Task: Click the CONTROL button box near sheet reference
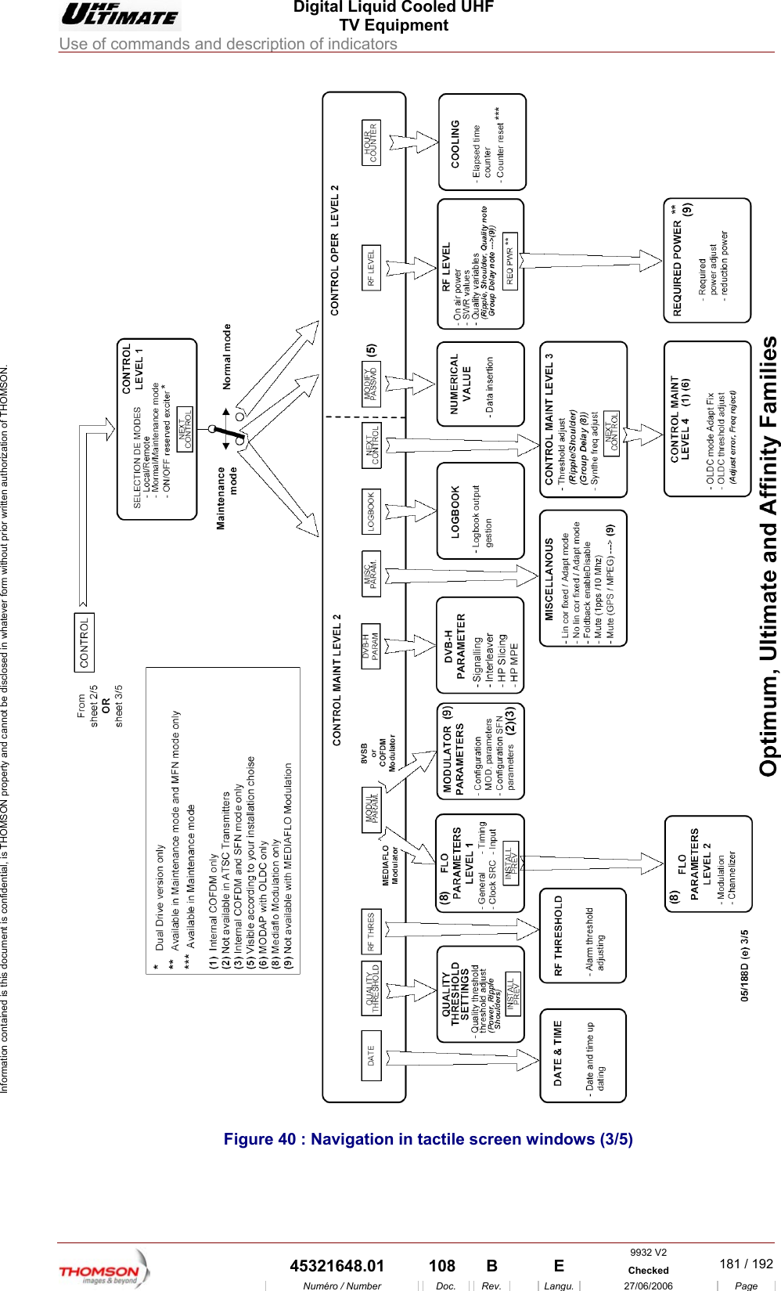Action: (85, 642)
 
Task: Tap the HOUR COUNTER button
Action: (371, 142)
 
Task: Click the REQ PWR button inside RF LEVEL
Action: (510, 261)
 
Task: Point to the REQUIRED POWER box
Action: (707, 261)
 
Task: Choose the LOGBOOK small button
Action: (371, 512)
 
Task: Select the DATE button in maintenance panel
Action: (371, 1056)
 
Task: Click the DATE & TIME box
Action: (583, 1055)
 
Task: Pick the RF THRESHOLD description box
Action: (583, 936)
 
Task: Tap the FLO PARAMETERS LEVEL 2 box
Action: (708, 864)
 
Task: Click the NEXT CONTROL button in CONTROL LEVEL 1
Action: (185, 429)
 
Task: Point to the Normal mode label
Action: (227, 357)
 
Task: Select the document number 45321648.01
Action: (337, 1266)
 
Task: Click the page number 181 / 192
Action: (746, 1264)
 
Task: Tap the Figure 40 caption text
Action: (428, 1139)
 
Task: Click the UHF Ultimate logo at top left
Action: (121, 16)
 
